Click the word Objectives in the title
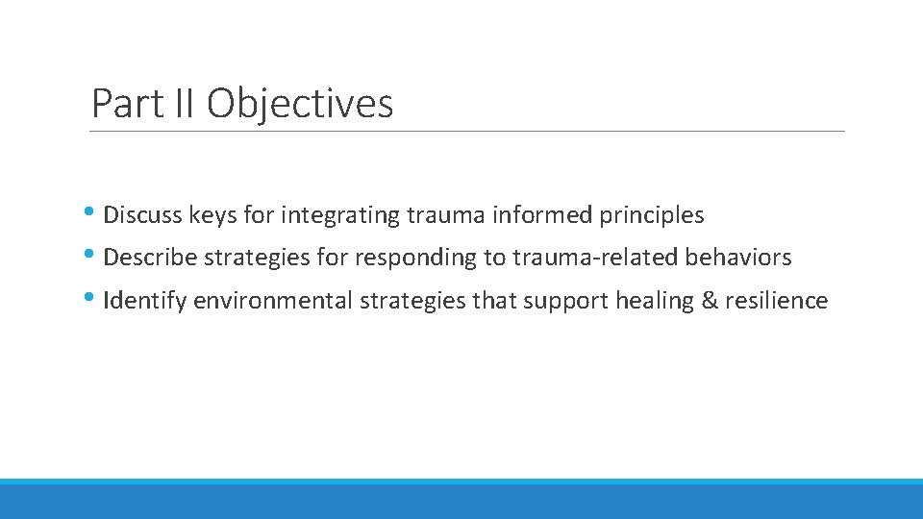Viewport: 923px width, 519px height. point(300,104)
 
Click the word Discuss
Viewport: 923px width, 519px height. point(142,215)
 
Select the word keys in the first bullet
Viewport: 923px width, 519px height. point(212,215)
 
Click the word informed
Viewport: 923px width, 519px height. point(534,215)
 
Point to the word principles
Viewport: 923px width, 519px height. point(652,215)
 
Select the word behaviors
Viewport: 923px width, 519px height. point(738,258)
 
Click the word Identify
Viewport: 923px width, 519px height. point(145,301)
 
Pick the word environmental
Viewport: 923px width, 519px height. point(273,301)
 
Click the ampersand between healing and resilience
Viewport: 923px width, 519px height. point(711,301)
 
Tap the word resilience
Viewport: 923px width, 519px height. point(777,301)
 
